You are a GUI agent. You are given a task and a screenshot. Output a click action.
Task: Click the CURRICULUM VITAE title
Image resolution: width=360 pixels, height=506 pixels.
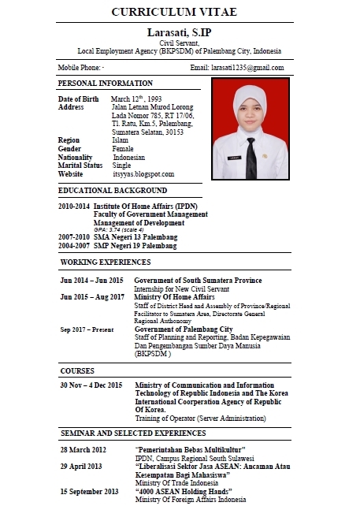(180, 13)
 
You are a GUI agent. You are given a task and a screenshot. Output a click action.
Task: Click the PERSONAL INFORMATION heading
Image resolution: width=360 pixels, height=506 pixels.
(106, 83)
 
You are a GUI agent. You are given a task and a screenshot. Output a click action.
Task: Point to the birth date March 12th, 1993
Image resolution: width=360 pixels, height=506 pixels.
(136, 99)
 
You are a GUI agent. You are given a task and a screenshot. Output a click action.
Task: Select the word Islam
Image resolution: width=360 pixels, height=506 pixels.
(122, 140)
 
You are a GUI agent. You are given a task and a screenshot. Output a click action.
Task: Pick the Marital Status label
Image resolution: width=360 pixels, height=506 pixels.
(80, 166)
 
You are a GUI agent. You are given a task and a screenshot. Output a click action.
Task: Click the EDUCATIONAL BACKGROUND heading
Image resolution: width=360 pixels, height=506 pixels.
(112, 190)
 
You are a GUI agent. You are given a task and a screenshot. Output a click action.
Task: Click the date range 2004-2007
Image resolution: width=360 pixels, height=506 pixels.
(73, 244)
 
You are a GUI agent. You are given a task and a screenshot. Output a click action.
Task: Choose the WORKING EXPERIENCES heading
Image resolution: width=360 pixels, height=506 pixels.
(106, 262)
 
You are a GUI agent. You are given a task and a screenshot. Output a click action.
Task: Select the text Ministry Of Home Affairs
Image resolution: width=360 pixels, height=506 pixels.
(175, 296)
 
